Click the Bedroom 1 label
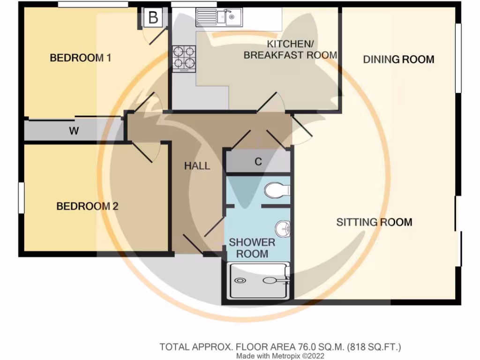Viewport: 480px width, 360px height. pyautogui.click(x=81, y=58)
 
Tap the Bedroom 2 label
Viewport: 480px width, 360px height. pyautogui.click(x=87, y=206)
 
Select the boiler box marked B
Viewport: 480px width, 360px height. pyautogui.click(x=153, y=18)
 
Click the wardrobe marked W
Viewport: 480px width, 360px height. pyautogui.click(x=74, y=131)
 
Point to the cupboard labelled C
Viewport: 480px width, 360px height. pyautogui.click(x=258, y=162)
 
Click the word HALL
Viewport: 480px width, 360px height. pyautogui.click(x=197, y=166)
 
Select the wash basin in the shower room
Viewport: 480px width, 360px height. pyautogui.click(x=283, y=229)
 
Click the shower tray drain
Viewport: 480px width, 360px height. pyautogui.click(x=240, y=281)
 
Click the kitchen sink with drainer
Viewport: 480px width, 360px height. pyautogui.click(x=218, y=18)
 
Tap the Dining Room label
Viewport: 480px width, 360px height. pyautogui.click(x=398, y=60)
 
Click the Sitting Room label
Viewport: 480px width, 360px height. pyautogui.click(x=374, y=222)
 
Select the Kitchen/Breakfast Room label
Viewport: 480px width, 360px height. pyautogui.click(x=290, y=49)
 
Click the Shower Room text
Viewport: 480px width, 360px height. pyautogui.click(x=252, y=248)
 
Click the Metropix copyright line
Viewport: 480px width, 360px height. pyautogui.click(x=280, y=356)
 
